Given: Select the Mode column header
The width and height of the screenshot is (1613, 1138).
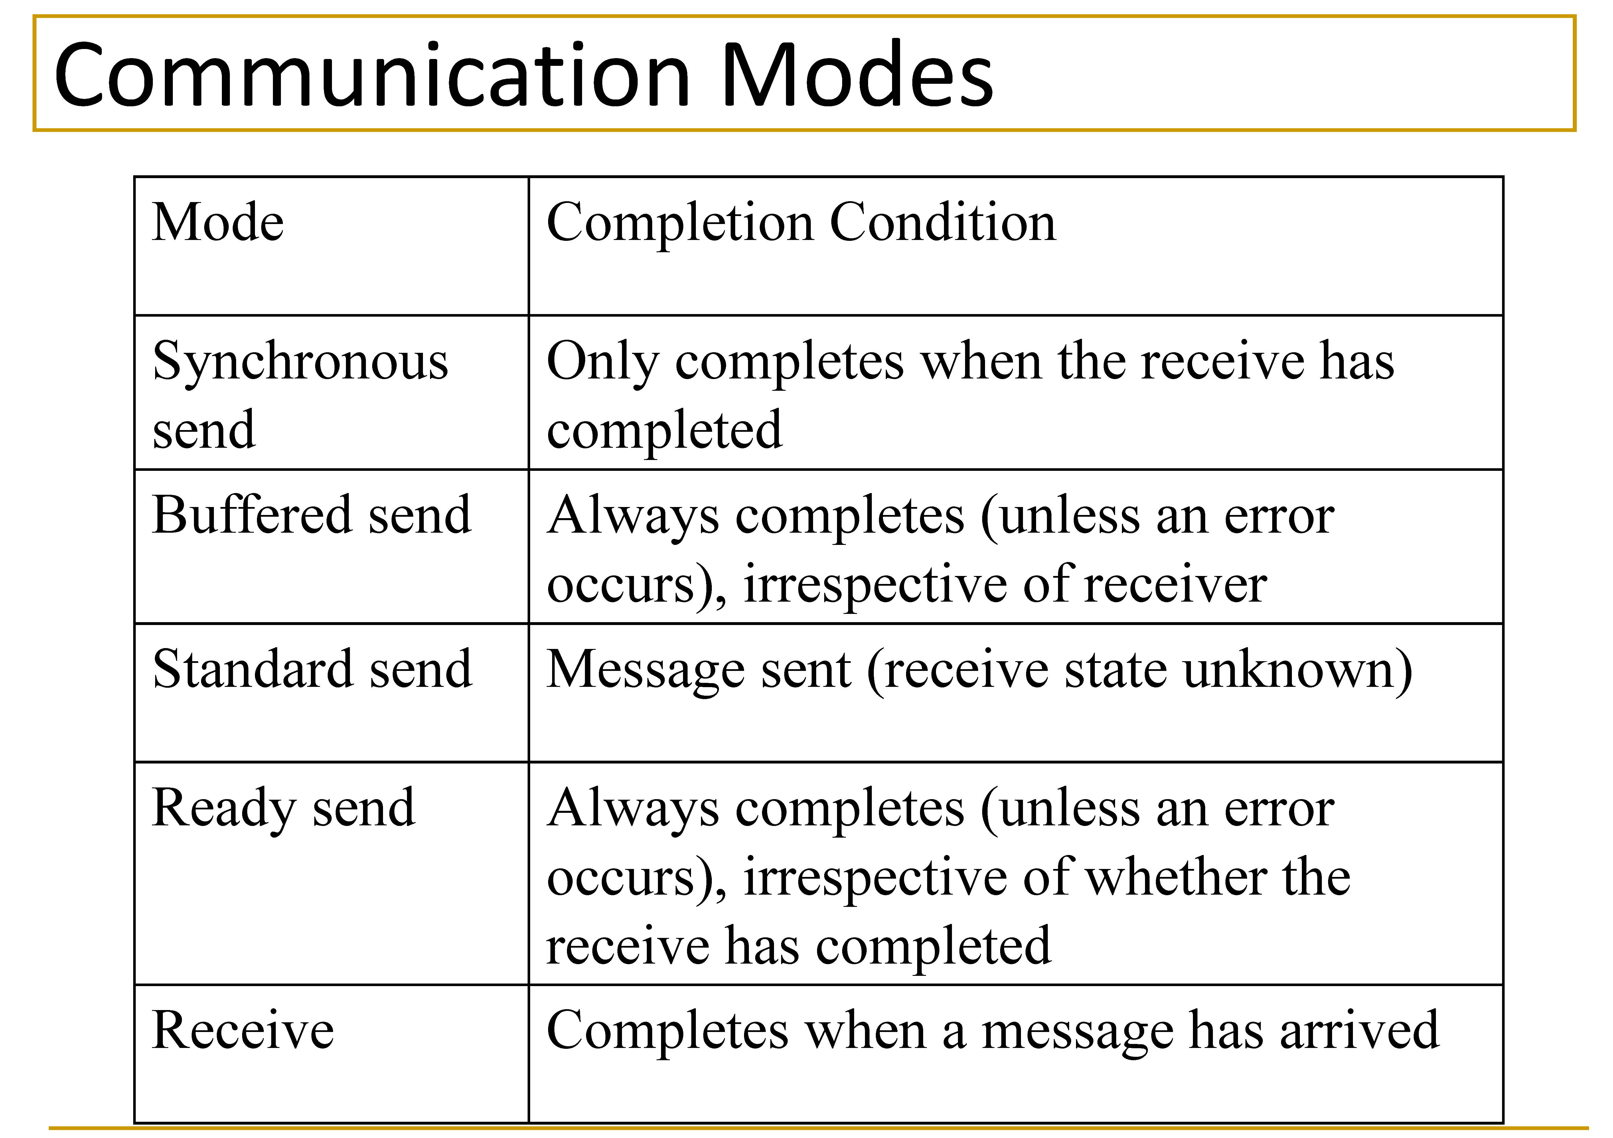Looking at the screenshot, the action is coord(218,223).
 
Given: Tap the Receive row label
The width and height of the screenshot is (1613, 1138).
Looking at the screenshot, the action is coord(243,1030).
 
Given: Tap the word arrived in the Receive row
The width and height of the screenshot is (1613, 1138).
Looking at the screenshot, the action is coord(1360,1030).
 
